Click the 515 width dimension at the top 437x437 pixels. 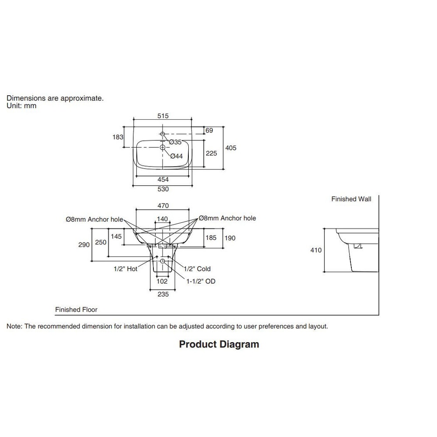pos(163,116)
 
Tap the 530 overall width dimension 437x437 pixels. pos(163,189)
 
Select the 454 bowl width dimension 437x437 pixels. pos(163,180)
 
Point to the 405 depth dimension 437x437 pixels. pos(231,148)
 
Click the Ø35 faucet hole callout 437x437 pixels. pos(175,142)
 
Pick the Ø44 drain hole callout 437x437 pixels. pos(177,156)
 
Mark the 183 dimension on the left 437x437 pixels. pos(118,137)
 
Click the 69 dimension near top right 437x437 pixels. pos(209,130)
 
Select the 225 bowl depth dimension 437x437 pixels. pos(211,153)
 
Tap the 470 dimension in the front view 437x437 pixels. pos(163,206)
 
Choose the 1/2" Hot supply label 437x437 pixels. pos(126,269)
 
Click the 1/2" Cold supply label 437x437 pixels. pos(198,269)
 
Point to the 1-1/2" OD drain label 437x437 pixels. pos(201,281)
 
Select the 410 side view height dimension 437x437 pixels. pos(316,250)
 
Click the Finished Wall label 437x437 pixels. pos(351,199)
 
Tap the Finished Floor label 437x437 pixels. pos(76,310)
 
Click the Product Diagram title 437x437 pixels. pos(219,344)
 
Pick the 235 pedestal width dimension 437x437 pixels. pos(163,294)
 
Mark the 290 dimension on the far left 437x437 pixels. pos(84,245)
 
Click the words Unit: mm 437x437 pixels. pos(21,106)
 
